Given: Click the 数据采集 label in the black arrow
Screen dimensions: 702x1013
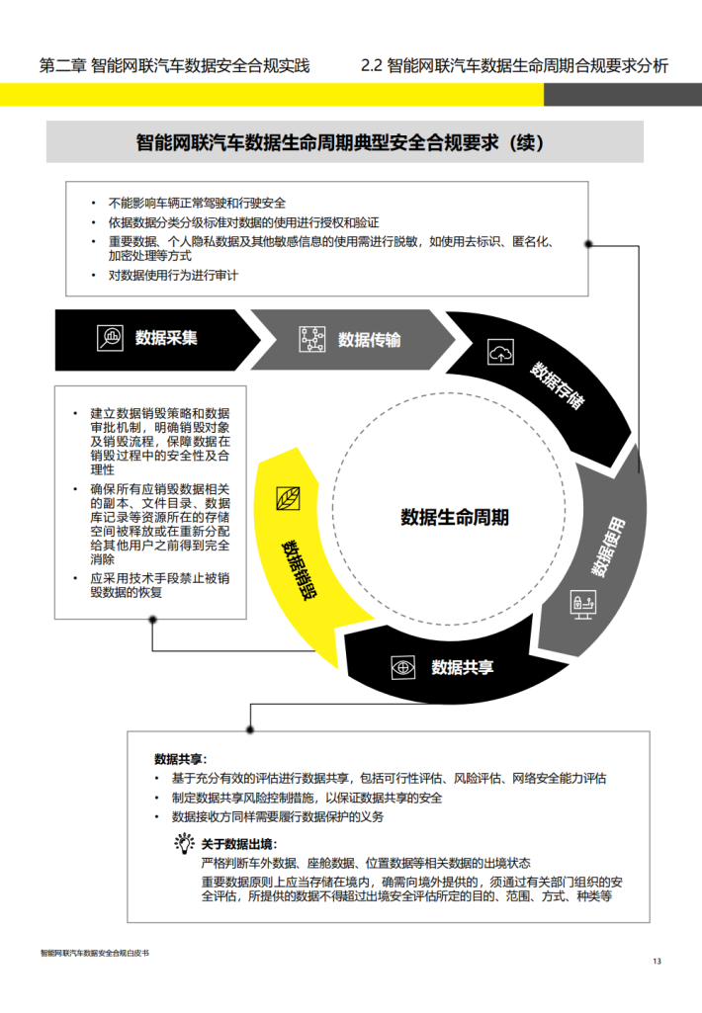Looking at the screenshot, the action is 166,338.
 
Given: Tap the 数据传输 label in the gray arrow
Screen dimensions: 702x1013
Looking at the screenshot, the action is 369,340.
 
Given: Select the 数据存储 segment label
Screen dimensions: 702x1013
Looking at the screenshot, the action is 558,385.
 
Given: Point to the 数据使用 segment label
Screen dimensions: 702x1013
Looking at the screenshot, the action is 608,547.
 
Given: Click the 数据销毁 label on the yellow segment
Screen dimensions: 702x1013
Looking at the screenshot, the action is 299,570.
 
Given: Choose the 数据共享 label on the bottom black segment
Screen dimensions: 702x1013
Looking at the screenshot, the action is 462,667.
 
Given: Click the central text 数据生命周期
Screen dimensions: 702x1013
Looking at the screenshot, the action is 455,518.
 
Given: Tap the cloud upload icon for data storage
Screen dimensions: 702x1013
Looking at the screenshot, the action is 500,352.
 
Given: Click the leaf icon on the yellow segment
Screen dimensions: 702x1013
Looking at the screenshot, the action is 288,499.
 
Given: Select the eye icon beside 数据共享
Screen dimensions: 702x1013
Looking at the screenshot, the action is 403,667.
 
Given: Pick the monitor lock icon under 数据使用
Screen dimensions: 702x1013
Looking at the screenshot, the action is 582,604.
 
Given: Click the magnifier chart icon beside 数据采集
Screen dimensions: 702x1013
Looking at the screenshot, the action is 110,338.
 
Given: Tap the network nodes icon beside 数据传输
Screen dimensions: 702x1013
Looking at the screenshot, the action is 312,339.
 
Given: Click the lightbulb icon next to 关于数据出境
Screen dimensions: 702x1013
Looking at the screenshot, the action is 184,843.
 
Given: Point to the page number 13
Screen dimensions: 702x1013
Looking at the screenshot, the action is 657,962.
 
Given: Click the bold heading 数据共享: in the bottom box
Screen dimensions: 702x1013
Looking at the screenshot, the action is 180,759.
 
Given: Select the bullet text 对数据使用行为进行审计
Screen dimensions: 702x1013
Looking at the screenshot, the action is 173,275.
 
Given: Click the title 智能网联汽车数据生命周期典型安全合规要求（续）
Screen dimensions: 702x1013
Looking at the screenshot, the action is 340,142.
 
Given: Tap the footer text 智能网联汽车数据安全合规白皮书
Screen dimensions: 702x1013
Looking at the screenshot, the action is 94,953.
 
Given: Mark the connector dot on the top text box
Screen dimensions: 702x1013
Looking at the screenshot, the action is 588,244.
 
